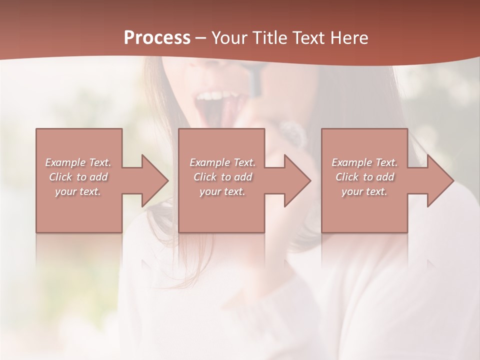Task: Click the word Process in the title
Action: pyautogui.click(x=157, y=38)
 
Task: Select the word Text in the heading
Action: pyautogui.click(x=307, y=38)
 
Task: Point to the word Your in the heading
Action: pyautogui.click(x=230, y=38)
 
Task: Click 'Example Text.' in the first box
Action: pyautogui.click(x=78, y=162)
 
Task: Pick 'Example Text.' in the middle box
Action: pyautogui.click(x=222, y=162)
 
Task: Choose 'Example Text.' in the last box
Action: pyautogui.click(x=364, y=162)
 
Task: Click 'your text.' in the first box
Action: pyautogui.click(x=78, y=191)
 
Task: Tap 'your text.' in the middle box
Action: pyautogui.click(x=222, y=191)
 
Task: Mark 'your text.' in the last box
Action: pyautogui.click(x=364, y=191)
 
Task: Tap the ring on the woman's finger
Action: pyautogui.click(x=292, y=133)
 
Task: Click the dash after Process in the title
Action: pyautogui.click(x=201, y=38)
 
